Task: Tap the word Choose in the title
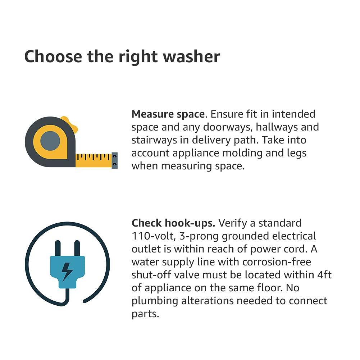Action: (53, 57)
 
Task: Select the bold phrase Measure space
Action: (168, 114)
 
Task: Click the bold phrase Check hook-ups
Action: (173, 223)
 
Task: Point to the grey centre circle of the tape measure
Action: (50, 141)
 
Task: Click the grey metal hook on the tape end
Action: (115, 160)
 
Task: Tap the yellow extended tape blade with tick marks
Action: (94, 160)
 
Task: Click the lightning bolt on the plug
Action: (67, 272)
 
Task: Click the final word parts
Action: (145, 314)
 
